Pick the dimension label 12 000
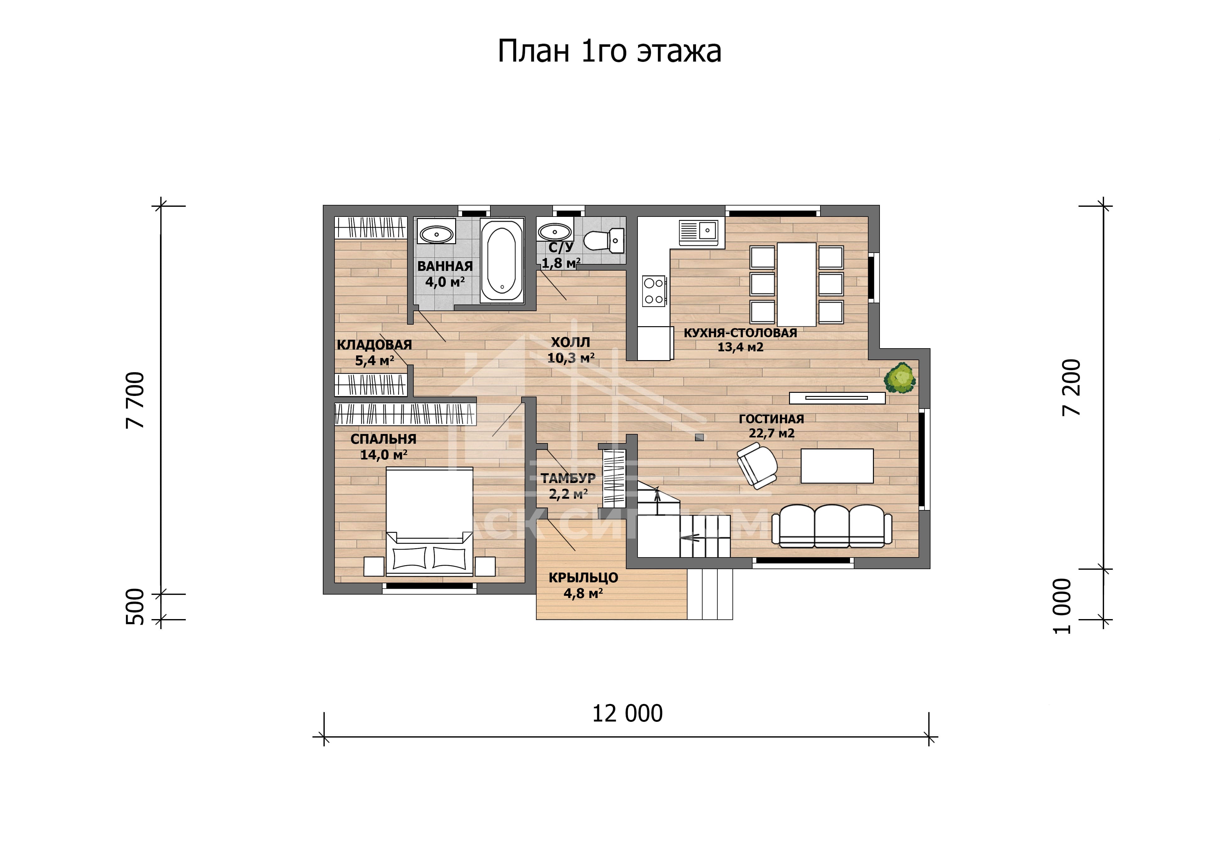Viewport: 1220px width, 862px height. pyautogui.click(x=627, y=714)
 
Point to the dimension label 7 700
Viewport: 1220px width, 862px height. pyautogui.click(x=135, y=400)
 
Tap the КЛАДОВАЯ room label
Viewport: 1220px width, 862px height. pyautogui.click(x=374, y=345)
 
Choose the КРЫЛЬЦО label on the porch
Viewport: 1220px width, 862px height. pyautogui.click(x=583, y=578)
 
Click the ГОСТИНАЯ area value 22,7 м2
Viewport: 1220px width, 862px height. pyautogui.click(x=771, y=433)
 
